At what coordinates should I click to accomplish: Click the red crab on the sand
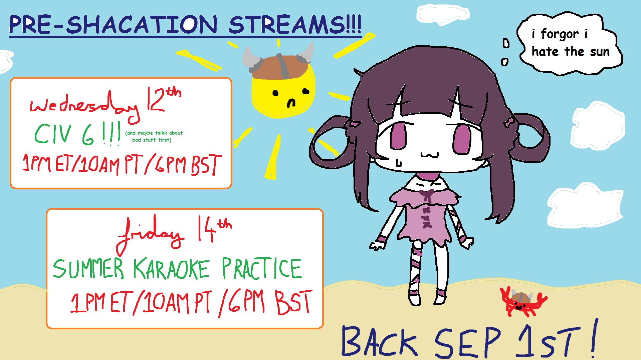522,302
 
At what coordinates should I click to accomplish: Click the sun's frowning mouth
291,103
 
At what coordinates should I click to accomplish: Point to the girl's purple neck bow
426,195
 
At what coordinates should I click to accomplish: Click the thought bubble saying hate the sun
569,43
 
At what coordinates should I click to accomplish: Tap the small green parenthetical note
154,136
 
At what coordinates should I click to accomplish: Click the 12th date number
164,99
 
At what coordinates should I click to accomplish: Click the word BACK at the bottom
379,342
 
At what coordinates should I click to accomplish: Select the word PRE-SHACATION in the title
113,25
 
